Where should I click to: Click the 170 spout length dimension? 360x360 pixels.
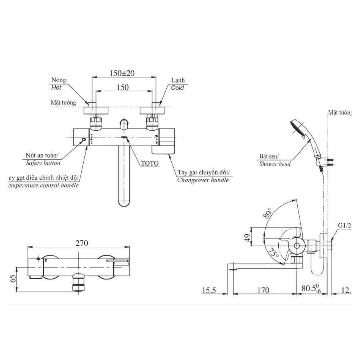(x=263, y=290)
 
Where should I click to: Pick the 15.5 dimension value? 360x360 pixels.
(x=209, y=290)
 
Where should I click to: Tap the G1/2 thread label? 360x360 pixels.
(x=344, y=226)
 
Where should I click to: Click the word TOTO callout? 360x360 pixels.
(x=150, y=163)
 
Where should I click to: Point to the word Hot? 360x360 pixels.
(x=56, y=88)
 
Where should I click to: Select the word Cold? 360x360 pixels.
(x=177, y=88)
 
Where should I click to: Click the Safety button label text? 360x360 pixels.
(x=43, y=163)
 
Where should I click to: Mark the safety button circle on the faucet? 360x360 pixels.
(x=83, y=140)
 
